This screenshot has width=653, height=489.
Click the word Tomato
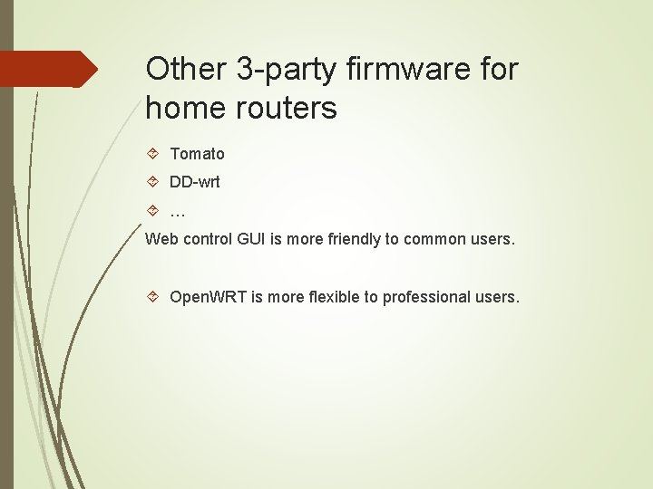pyautogui.click(x=197, y=154)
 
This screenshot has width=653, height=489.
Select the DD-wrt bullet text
pyautogui.click(x=195, y=182)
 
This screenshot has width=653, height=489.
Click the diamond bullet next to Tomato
pyautogui.click(x=152, y=154)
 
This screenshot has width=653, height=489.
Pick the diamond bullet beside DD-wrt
pyautogui.click(x=152, y=182)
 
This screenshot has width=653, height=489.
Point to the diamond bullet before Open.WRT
pyautogui.click(x=152, y=297)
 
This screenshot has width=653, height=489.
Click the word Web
pyautogui.click(x=161, y=240)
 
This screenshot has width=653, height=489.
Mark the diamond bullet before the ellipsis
pyautogui.click(x=152, y=211)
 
